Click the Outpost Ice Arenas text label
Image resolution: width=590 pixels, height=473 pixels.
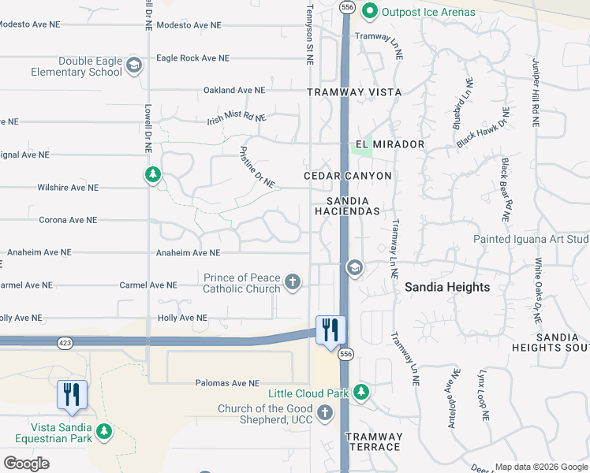tap(428, 12)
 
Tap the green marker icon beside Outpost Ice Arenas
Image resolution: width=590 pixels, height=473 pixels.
tap(368, 11)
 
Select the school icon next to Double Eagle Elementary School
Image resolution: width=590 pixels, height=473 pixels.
tap(133, 65)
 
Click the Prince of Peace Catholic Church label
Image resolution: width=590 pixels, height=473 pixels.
tap(241, 283)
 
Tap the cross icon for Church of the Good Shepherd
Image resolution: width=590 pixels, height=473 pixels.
tap(324, 412)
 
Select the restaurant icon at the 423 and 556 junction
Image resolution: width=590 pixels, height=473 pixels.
tap(330, 330)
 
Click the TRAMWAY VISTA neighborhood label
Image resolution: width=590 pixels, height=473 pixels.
tap(354, 92)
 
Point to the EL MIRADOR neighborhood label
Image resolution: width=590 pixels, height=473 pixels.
tap(390, 144)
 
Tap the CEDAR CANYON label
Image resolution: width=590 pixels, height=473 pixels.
tap(348, 175)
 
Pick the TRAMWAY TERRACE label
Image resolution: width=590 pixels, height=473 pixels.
tap(373, 441)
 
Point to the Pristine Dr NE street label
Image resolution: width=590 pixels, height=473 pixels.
tap(257, 166)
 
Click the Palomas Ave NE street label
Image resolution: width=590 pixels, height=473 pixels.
tap(227, 384)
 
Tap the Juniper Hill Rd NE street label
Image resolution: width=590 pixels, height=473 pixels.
tap(536, 93)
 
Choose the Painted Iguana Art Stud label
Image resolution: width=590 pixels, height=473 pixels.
tap(531, 239)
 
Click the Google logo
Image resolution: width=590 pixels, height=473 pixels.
tap(26, 463)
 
